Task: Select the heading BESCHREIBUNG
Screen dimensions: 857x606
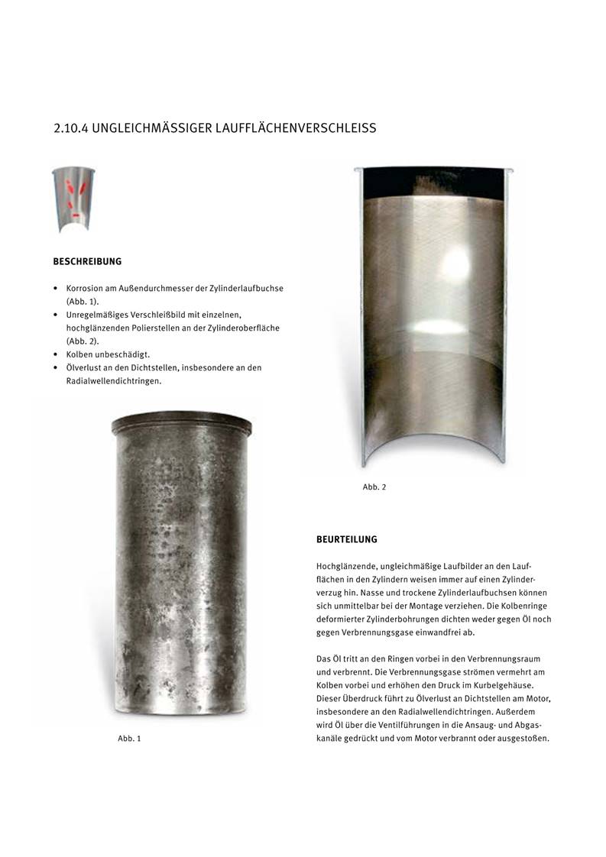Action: (87, 262)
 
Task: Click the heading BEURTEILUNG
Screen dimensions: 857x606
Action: (347, 539)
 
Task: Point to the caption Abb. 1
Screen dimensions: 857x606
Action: (129, 739)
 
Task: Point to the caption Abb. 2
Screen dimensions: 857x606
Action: (374, 487)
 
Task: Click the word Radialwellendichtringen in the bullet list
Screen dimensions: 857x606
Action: (114, 381)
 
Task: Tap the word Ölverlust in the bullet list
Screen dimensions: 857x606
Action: (85, 367)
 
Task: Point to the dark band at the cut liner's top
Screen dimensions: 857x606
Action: (433, 182)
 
